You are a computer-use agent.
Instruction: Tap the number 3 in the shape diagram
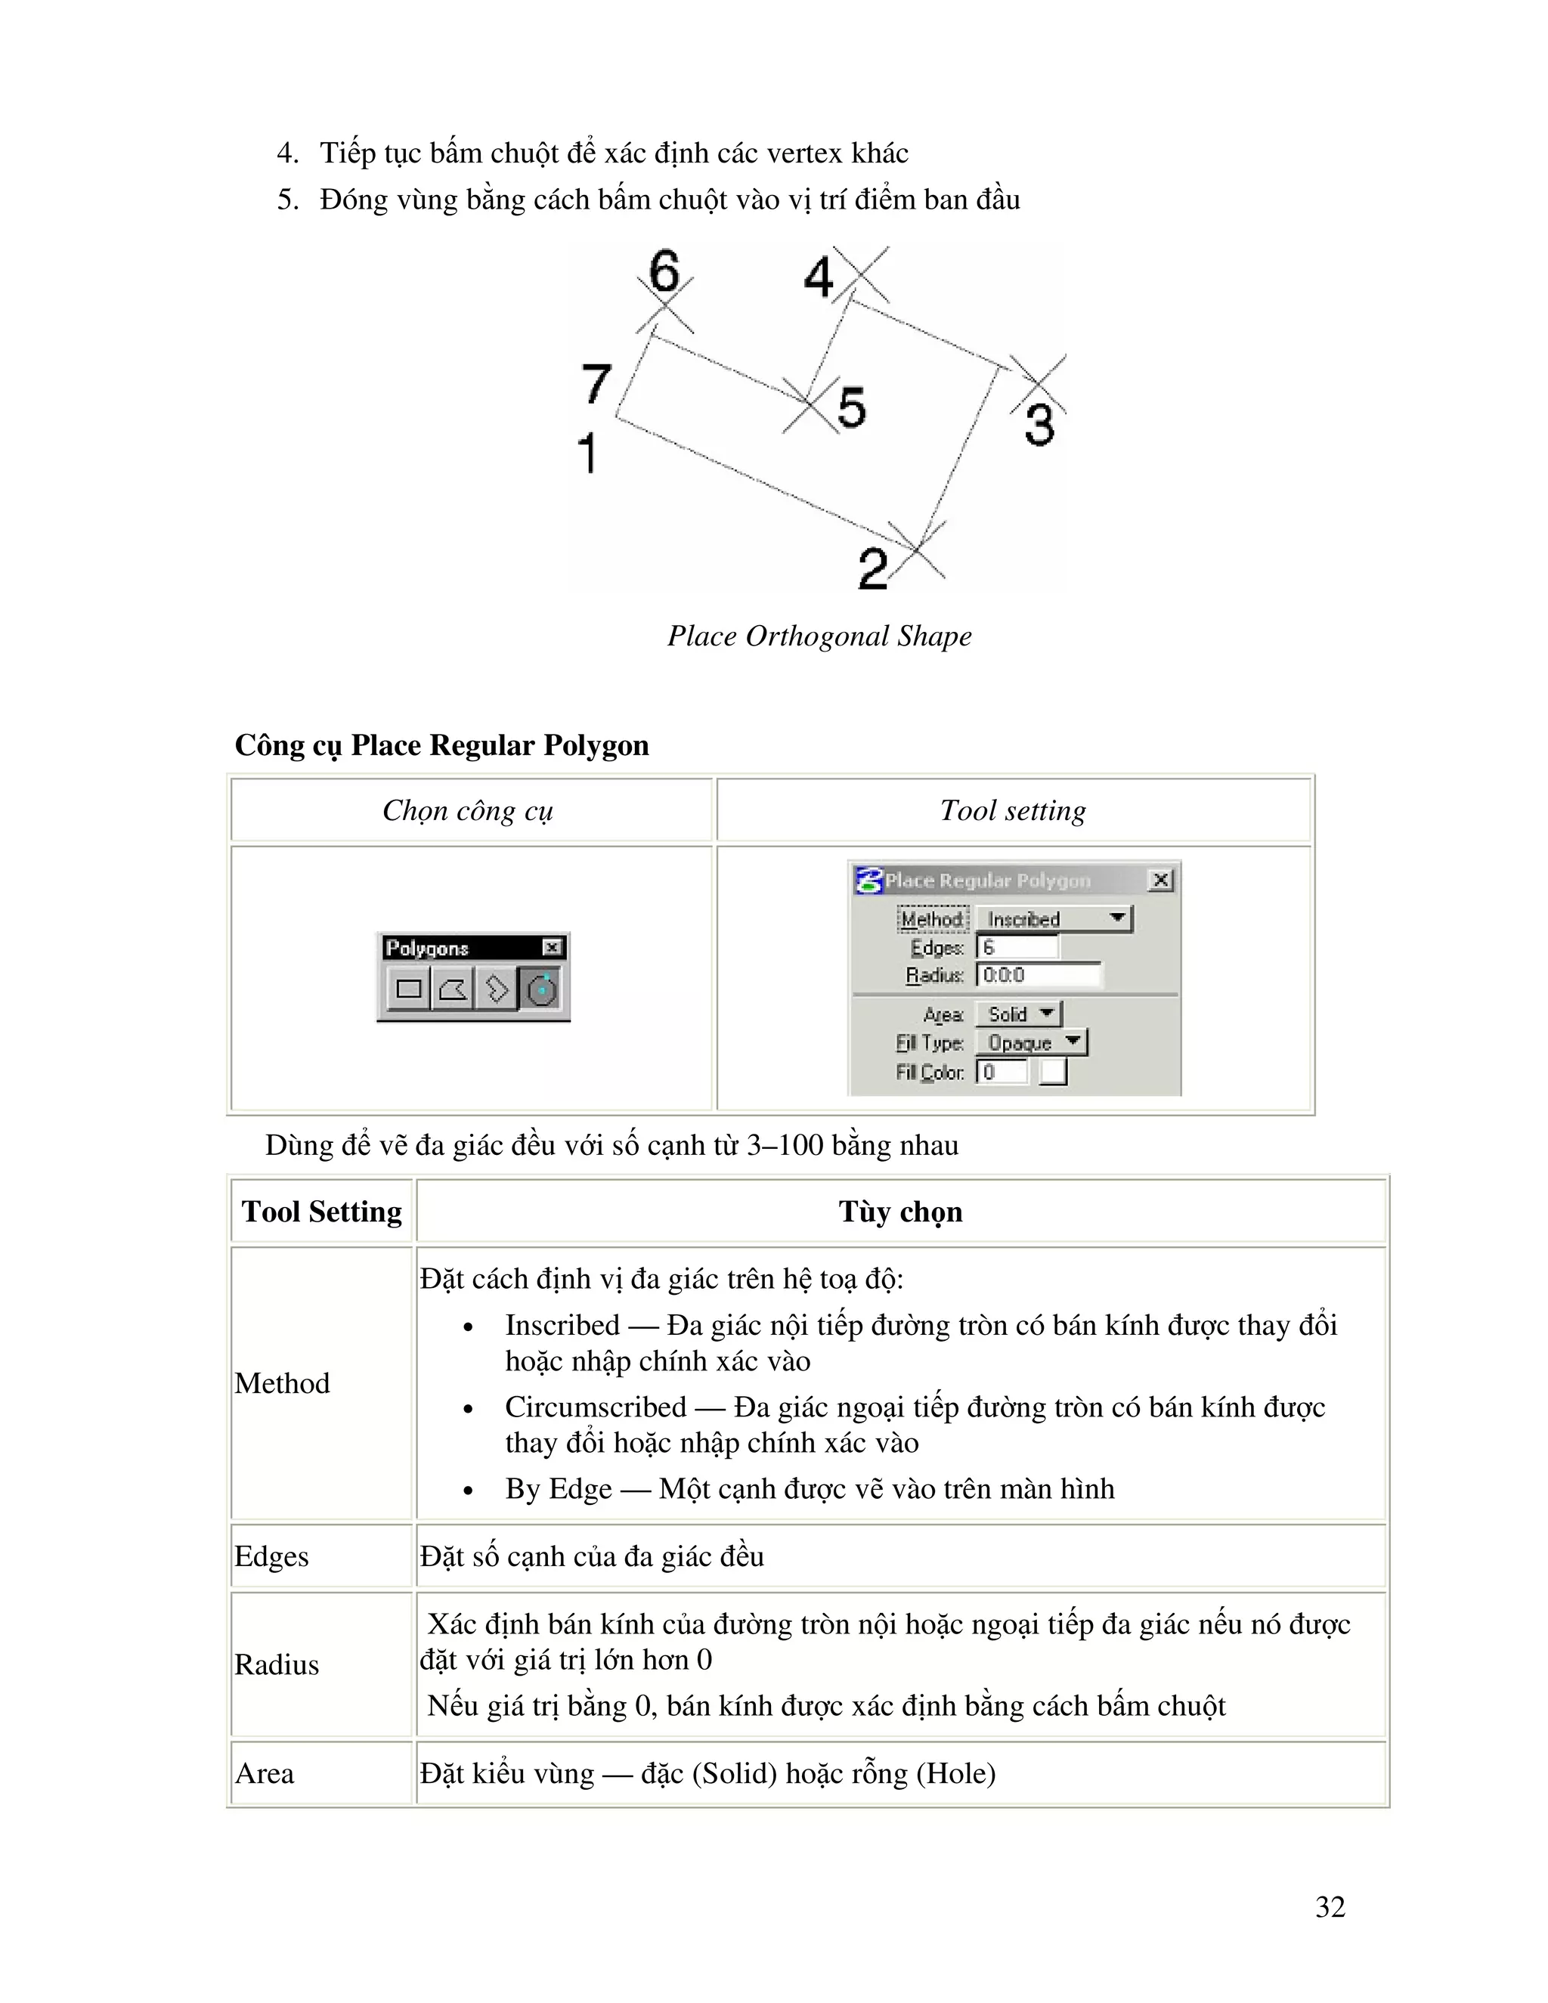tap(1040, 426)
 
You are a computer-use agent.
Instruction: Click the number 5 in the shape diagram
tap(851, 407)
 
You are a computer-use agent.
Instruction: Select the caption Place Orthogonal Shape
tap(819, 636)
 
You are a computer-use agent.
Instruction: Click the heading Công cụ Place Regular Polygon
tap(441, 745)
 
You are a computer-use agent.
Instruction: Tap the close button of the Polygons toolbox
tap(552, 947)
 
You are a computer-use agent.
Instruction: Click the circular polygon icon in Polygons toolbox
tap(541, 989)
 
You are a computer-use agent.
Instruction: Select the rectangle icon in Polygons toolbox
tap(409, 989)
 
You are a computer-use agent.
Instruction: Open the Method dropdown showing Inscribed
tap(1054, 919)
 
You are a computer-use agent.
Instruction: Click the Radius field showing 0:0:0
tap(1038, 975)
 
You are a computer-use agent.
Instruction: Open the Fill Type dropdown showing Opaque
tap(1031, 1043)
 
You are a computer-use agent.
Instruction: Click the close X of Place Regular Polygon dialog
tap(1160, 881)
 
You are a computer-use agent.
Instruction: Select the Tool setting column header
tap(1012, 811)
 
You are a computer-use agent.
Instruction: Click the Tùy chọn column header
tap(899, 1212)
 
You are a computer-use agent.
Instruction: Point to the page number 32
tap(1330, 1907)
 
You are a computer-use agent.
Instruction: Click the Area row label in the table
tap(265, 1772)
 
